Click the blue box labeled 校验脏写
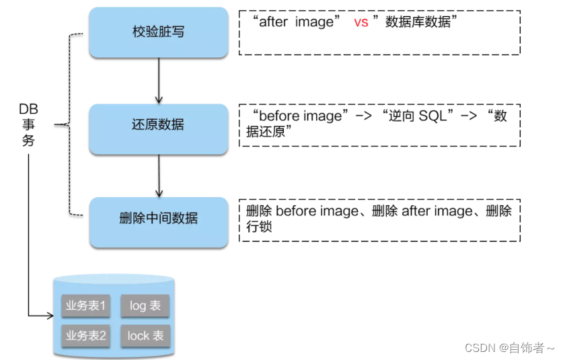[x=158, y=32]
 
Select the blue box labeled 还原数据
[x=158, y=125]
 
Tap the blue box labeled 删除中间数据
[x=158, y=219]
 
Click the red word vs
[x=361, y=22]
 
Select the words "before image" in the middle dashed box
[x=295, y=116]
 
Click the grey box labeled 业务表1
[x=85, y=306]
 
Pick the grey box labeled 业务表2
[x=85, y=335]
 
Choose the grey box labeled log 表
[x=145, y=306]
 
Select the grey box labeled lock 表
[x=145, y=335]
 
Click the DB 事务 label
[x=28, y=124]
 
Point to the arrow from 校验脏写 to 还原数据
[x=159, y=79]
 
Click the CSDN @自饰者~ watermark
[x=509, y=348]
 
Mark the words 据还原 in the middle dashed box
[x=268, y=132]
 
